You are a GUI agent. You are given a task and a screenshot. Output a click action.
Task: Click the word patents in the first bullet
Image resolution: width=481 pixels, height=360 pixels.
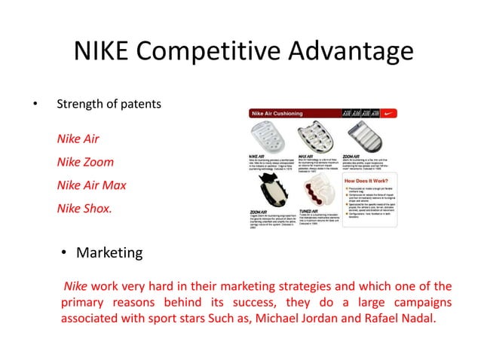[140, 104]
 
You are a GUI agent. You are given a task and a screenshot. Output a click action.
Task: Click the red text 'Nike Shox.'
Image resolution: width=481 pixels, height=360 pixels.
[84, 208]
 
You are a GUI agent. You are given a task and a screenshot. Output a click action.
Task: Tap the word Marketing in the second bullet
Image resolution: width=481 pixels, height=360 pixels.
[109, 252]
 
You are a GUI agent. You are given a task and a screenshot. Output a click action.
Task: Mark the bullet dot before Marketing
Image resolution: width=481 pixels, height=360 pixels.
[66, 253]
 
